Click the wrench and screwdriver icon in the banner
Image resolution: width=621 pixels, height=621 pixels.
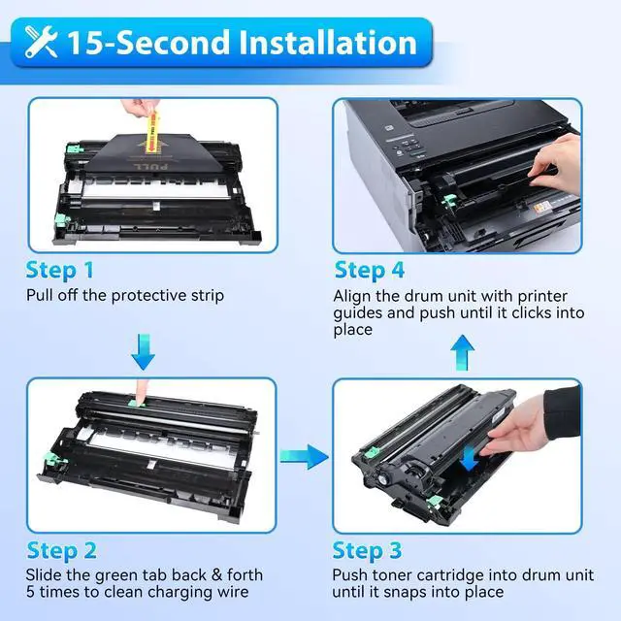[x=41, y=42]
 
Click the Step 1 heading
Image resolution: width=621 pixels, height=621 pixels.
[x=60, y=271]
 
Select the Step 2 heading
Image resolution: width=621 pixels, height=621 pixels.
[x=61, y=551]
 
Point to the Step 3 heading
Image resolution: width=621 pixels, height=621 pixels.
[x=367, y=551]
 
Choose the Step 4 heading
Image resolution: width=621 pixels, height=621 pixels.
[x=369, y=271]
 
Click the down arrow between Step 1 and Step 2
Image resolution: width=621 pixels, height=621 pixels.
[x=143, y=352]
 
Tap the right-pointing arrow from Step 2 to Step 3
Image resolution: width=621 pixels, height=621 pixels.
[x=304, y=457]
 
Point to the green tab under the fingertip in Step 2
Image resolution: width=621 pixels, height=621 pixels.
[x=136, y=403]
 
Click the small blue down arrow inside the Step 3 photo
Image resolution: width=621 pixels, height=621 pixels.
[x=470, y=458]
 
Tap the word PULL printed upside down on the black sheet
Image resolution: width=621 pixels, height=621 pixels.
[x=151, y=166]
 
